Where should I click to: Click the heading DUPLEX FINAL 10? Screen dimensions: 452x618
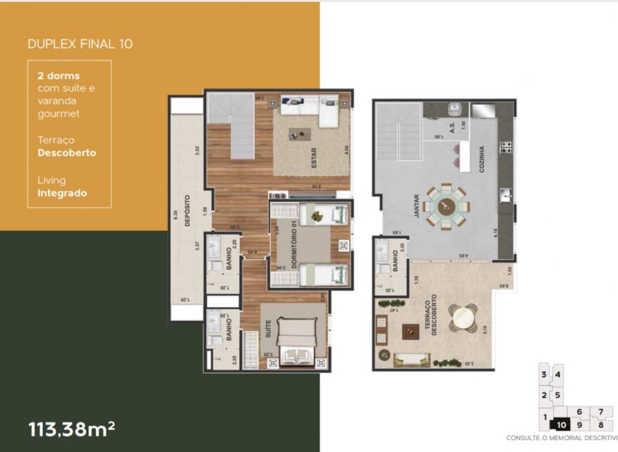tap(80, 44)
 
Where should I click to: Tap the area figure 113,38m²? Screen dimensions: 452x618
tap(72, 429)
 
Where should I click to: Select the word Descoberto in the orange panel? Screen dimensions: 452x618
tap(67, 153)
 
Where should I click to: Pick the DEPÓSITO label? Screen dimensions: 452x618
tap(187, 211)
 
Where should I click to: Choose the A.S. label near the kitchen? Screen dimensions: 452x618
tap(453, 127)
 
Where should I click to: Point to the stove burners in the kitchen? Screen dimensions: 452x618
tap(506, 148)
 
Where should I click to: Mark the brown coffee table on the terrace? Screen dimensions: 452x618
tap(410, 332)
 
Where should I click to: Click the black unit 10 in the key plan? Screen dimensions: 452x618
tap(561, 424)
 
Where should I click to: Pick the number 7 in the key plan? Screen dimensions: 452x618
tap(600, 412)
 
